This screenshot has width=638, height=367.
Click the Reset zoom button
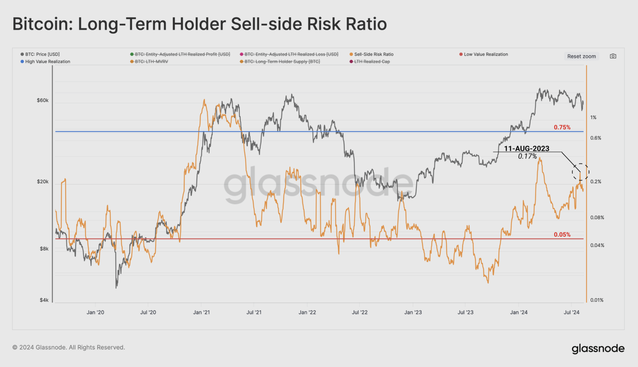coord(581,56)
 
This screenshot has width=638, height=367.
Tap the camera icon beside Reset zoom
coord(613,56)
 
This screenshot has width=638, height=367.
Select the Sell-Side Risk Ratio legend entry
coord(374,54)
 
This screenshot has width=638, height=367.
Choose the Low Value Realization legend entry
coord(485,54)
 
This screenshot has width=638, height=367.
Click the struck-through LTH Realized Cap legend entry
coord(372,62)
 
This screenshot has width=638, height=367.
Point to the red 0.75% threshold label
coord(562,127)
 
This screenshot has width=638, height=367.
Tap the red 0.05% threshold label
coord(562,235)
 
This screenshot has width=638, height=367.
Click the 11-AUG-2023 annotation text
coord(527,149)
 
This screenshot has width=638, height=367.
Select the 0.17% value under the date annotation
coord(527,156)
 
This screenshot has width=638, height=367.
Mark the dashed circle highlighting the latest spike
coord(580,172)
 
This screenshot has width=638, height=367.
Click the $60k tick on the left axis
coord(43,100)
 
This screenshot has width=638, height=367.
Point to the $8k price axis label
coord(44,249)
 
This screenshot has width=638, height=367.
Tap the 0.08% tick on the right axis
coord(597,218)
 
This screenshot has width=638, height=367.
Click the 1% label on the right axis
coord(593,117)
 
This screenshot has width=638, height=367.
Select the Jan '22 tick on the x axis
coord(307,312)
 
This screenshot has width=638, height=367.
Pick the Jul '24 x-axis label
coord(571,312)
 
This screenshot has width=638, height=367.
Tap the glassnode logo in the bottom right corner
coord(598,348)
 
